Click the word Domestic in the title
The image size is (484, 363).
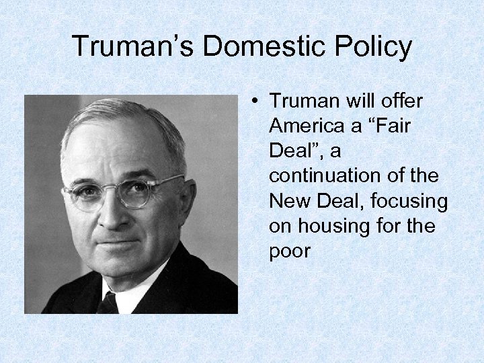[249, 46]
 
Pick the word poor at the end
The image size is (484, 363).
[290, 251]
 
